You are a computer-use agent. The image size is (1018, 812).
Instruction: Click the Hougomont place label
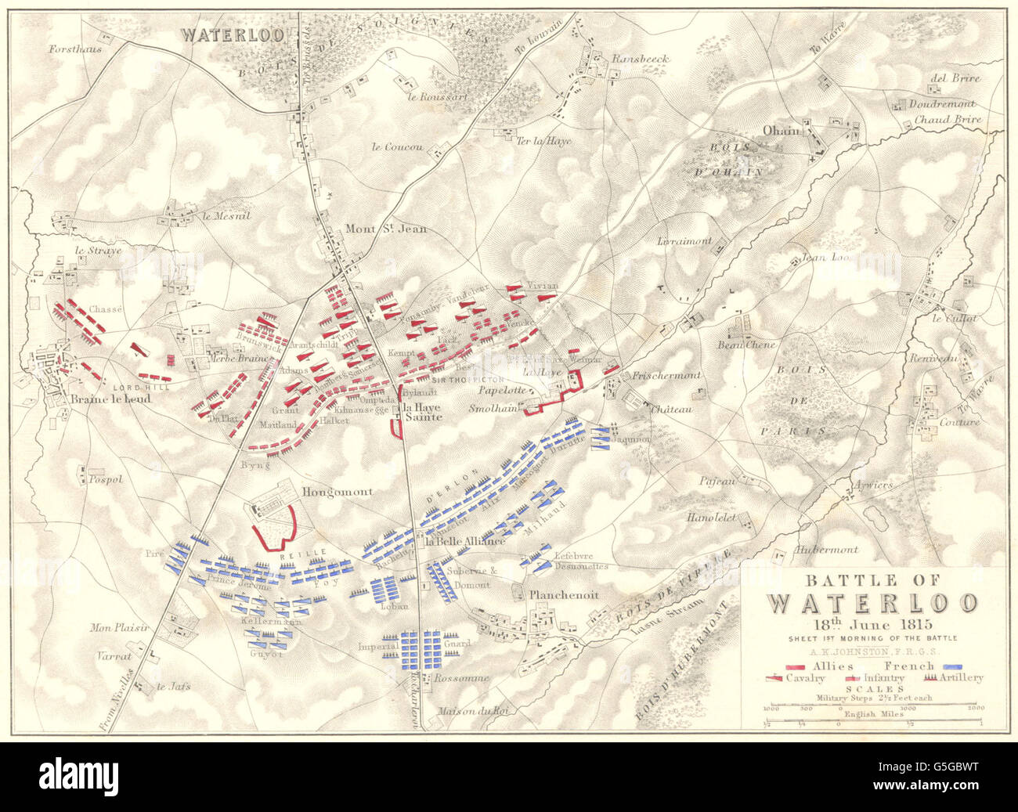coord(337,493)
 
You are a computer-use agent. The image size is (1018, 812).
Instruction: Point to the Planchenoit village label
coord(564,595)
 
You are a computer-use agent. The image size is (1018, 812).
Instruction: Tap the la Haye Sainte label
coord(423,413)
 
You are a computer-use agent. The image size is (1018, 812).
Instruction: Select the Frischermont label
coord(666,375)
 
